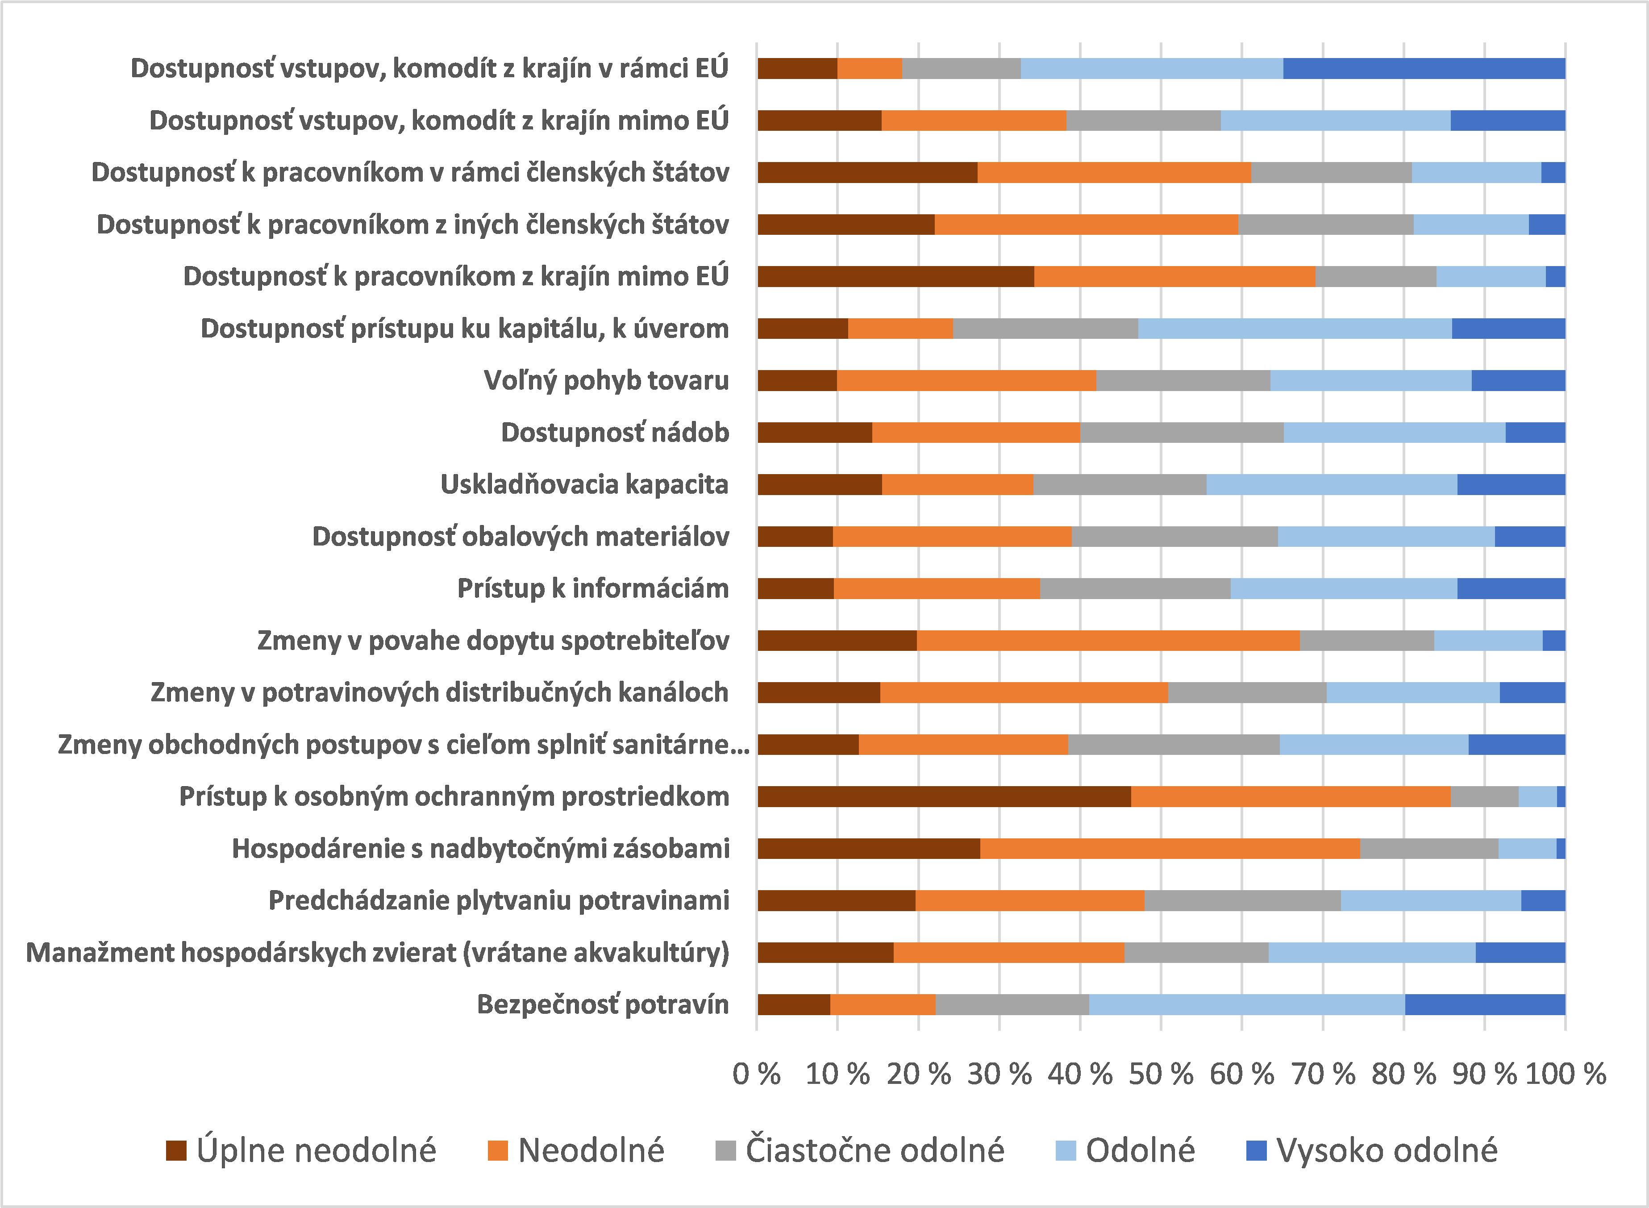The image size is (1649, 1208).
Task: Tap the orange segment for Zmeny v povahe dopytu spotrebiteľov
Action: coord(1108,641)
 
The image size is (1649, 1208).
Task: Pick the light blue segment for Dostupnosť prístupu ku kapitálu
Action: coord(1295,328)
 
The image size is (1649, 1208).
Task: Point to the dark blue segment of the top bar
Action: coord(1424,68)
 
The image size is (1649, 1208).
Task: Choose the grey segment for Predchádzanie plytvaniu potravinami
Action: coord(1242,900)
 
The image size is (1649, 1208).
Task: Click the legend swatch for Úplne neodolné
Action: coord(176,1150)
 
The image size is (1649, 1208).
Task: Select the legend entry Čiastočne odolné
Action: coord(874,1150)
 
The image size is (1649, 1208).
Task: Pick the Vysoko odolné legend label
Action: coord(1387,1150)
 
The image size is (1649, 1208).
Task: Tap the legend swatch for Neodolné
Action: coord(497,1150)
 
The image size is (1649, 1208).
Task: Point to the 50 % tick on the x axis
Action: coord(1161,1074)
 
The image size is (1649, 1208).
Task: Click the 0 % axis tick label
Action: coord(756,1074)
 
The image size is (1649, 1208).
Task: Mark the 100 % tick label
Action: coord(1566,1074)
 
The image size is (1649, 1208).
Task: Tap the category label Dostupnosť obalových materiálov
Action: coord(520,536)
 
